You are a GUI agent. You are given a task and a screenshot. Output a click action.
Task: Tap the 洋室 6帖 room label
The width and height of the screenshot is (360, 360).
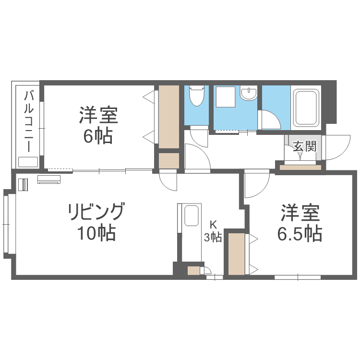click(x=99, y=125)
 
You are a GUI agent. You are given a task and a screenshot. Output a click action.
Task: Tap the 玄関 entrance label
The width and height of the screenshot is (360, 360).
click(x=304, y=146)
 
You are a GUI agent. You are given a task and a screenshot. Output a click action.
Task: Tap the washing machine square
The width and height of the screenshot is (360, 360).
click(x=225, y=97)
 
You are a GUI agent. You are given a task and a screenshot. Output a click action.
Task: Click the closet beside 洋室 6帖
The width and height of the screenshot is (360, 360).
click(x=168, y=117)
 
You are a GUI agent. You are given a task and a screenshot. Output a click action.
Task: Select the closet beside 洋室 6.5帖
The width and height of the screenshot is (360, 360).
click(x=237, y=253)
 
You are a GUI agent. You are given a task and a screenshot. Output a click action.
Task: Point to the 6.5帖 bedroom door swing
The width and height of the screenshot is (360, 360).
click(x=256, y=185)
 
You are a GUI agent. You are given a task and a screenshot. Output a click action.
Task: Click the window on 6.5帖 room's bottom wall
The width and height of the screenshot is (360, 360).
click(x=298, y=277)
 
